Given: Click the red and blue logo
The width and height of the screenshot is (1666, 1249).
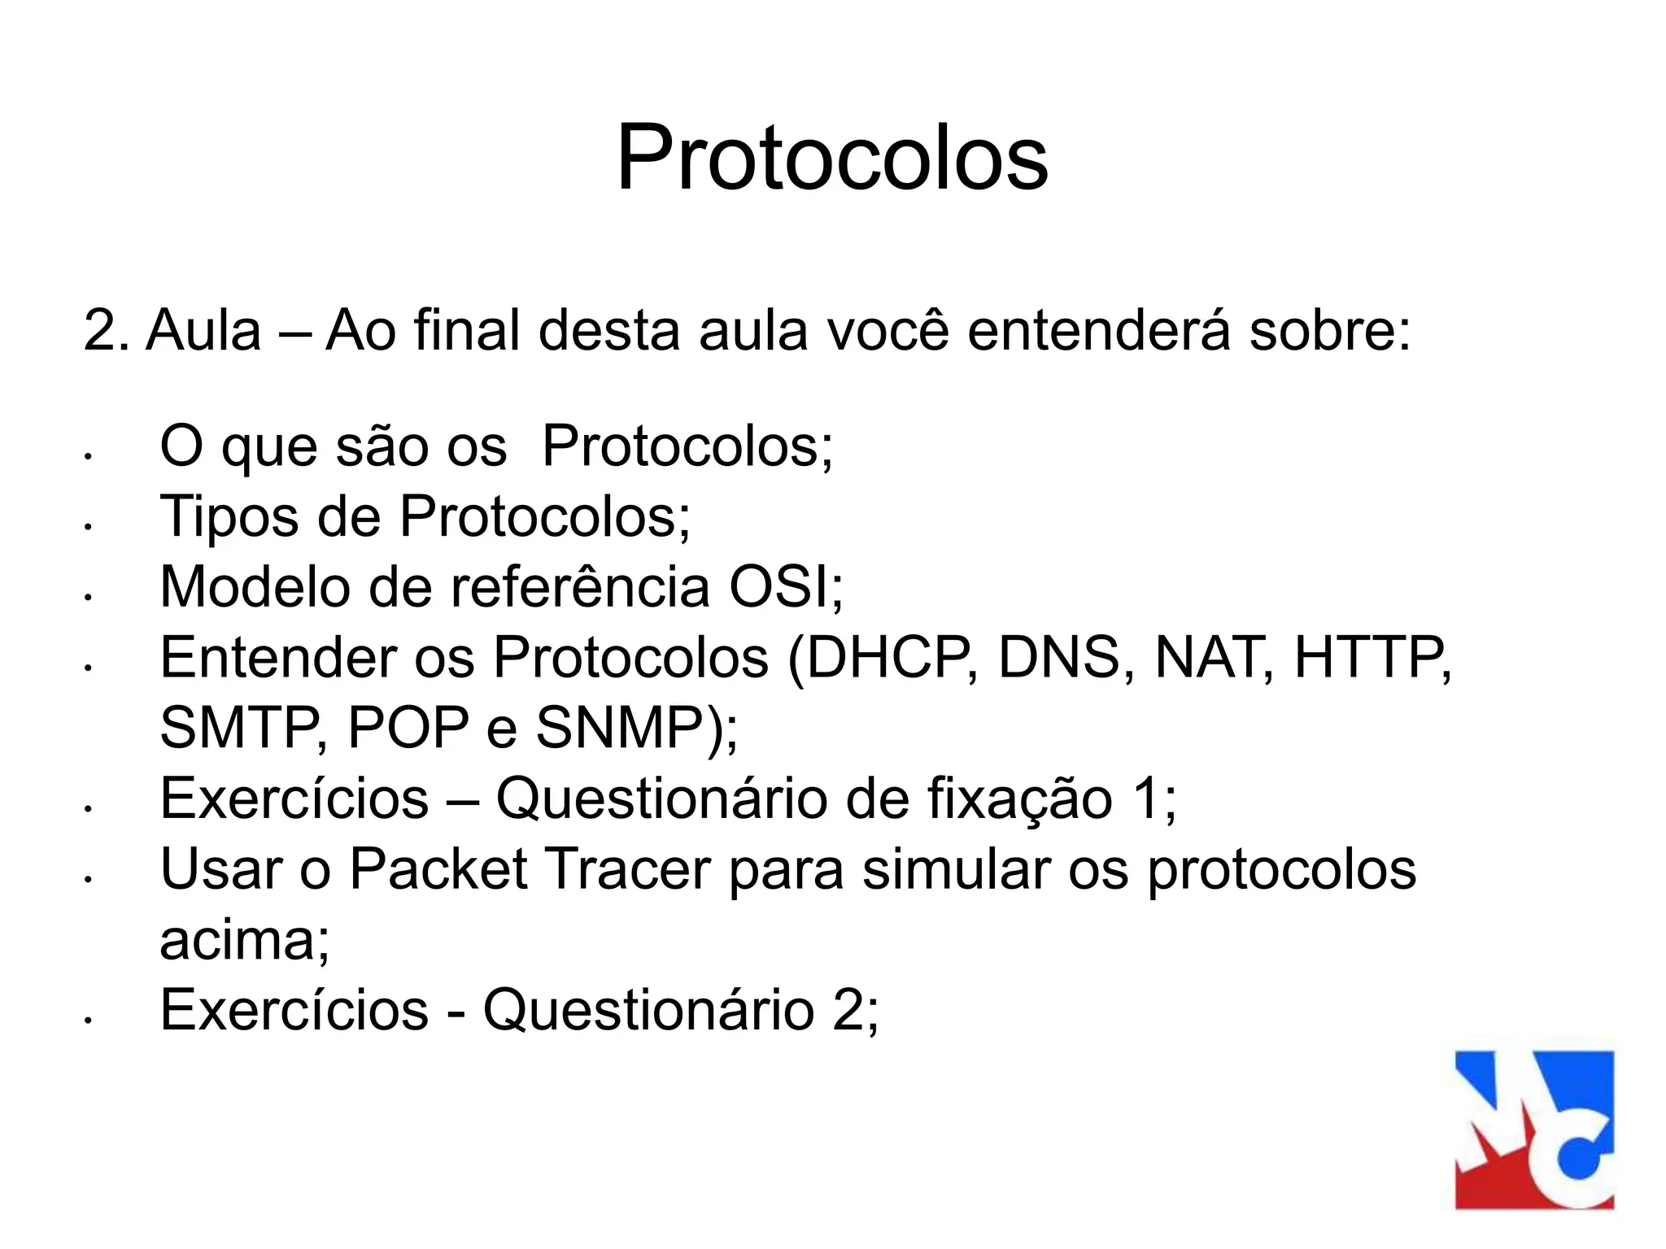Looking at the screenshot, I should (x=1534, y=1129).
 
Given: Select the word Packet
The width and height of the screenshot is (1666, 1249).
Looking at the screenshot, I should (x=439, y=868).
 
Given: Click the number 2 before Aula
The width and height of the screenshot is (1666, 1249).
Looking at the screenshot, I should (x=100, y=331).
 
